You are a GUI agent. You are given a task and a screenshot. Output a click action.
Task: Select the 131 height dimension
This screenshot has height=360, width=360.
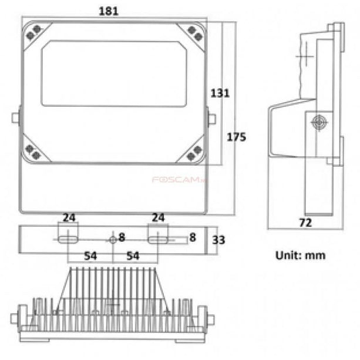220,93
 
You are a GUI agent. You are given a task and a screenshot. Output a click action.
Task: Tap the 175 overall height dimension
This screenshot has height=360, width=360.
236,137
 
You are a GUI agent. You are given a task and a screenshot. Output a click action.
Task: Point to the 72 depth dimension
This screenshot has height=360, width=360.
305,223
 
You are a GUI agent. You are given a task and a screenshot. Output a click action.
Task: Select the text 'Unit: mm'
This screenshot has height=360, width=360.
300,255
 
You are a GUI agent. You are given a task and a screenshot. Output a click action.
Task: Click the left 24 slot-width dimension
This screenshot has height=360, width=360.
69,218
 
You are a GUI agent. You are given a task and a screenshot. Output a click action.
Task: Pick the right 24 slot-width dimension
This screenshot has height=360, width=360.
157,218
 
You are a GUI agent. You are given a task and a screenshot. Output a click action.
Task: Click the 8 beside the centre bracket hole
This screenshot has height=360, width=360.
122,237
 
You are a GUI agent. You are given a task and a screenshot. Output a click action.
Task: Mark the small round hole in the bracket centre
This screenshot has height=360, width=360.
113,240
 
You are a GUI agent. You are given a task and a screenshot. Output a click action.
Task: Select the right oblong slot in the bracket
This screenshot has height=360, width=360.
157,240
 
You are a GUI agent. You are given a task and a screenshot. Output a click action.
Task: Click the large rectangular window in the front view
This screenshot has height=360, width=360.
113,73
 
